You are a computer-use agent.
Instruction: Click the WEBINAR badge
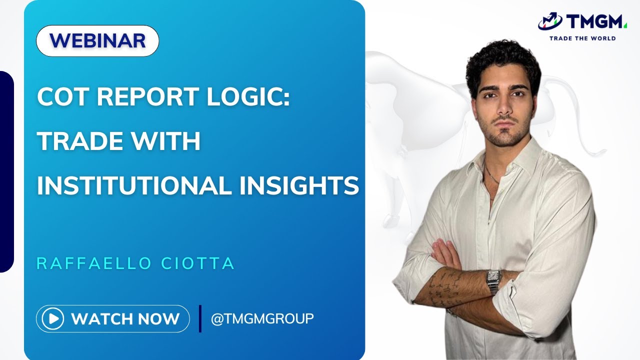click(x=97, y=40)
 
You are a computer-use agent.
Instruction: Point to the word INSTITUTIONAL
click(x=133, y=185)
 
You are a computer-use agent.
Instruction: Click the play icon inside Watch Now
click(x=52, y=318)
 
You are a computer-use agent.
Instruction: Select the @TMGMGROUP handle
click(x=262, y=318)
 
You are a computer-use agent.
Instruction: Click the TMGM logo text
click(x=595, y=22)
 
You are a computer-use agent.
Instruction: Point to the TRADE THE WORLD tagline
click(x=582, y=38)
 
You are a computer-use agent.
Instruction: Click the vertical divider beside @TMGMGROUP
click(x=200, y=318)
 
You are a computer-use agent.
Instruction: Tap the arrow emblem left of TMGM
click(x=550, y=21)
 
